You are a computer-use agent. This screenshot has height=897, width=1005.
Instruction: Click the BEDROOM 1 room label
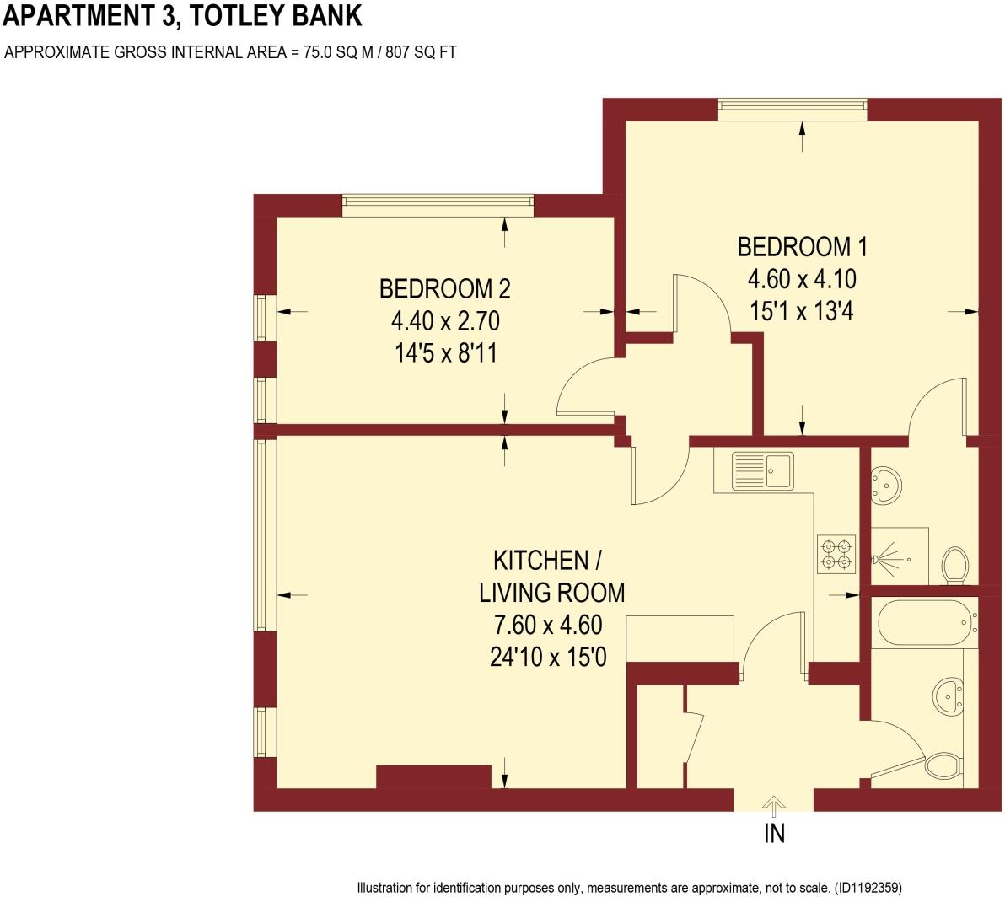tap(802, 247)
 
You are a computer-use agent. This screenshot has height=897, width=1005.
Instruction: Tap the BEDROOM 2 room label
tap(444, 289)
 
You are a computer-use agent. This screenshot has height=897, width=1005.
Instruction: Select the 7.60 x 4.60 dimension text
tap(547, 625)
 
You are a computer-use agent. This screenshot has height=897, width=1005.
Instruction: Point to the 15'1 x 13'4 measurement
tap(802, 310)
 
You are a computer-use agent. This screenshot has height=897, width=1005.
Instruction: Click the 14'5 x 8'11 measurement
tap(444, 352)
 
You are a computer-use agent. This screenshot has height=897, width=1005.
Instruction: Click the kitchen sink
tap(762, 470)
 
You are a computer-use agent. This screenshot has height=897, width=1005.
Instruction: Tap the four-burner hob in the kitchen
tap(836, 552)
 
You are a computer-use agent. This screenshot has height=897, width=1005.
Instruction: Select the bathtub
tap(925, 622)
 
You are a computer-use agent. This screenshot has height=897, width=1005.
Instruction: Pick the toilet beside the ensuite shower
tap(954, 565)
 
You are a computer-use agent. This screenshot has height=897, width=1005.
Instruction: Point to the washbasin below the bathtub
tap(949, 696)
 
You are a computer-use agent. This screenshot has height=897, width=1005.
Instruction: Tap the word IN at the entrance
tap(774, 834)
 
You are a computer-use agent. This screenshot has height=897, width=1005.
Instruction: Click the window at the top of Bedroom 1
tap(792, 105)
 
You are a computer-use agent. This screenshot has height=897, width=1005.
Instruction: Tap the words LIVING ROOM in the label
tap(552, 593)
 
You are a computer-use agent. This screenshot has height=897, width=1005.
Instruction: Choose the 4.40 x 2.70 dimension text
tap(444, 321)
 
